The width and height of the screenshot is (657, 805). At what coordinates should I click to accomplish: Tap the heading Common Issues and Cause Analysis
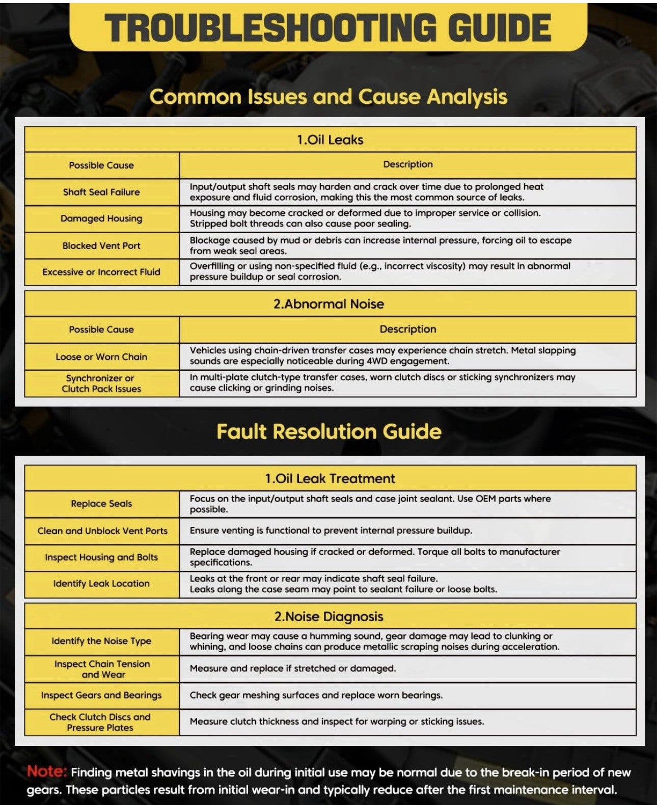328,97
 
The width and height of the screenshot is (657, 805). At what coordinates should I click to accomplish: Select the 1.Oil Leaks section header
330,140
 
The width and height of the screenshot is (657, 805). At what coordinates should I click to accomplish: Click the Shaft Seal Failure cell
101,192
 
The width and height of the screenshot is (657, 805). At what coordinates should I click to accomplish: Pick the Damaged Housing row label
101,218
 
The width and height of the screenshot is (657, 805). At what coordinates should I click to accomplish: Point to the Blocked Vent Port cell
101,245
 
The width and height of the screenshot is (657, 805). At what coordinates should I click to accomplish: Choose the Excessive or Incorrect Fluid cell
101,272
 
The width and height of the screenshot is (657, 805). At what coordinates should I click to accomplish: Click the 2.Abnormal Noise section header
329,304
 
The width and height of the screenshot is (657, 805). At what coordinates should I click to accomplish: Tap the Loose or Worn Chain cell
101,357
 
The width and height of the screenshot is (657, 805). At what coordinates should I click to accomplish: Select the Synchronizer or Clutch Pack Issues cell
101,383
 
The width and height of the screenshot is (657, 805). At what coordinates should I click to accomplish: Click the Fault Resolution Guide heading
329,432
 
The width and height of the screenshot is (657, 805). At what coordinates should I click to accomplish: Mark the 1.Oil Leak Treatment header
330,479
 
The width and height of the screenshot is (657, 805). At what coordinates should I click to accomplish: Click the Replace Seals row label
101,504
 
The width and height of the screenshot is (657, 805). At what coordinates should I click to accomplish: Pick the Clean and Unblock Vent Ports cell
102,531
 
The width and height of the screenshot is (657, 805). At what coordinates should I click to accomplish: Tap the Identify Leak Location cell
101,584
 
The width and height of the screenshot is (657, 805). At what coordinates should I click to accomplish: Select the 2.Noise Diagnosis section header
329,617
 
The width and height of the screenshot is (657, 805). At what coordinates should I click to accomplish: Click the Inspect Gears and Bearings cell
101,695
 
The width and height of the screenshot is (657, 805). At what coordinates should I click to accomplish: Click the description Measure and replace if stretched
293,669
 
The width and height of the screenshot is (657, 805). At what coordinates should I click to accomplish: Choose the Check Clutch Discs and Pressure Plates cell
100,722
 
